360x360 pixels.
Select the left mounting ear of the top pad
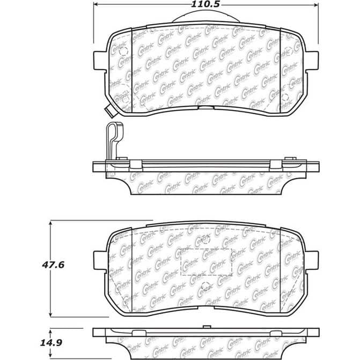[x=100, y=60]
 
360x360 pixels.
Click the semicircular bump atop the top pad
[x=206, y=17]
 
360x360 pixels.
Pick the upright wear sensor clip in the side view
[x=114, y=139]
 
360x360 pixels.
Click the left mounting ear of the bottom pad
[x=100, y=261]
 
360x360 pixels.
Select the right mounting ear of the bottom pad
[x=312, y=261]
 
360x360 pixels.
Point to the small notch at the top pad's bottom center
[x=206, y=106]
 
